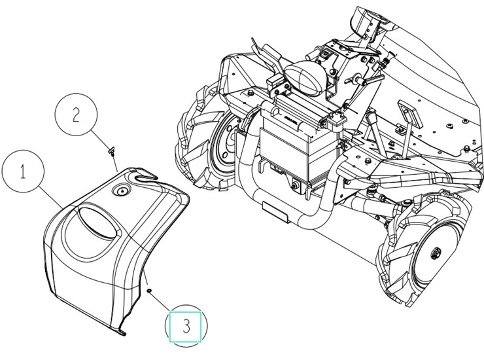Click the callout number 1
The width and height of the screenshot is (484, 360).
[x=23, y=171]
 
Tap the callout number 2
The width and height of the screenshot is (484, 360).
[x=76, y=115]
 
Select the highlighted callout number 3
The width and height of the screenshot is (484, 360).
[x=186, y=326]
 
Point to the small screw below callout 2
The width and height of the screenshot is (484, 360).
[x=111, y=151]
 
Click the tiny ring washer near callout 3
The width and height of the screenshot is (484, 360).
[x=149, y=291]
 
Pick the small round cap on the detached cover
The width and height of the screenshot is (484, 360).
[x=122, y=191]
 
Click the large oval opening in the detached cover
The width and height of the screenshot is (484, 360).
[x=97, y=222]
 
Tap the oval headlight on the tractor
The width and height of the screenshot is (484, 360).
[x=305, y=77]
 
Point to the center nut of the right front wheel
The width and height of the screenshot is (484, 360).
[x=435, y=253]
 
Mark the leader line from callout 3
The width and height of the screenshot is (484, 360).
[x=160, y=300]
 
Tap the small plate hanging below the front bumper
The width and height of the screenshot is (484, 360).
[x=275, y=211]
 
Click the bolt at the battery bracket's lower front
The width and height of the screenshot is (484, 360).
[x=295, y=186]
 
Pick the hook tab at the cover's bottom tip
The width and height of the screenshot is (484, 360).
[x=122, y=333]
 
